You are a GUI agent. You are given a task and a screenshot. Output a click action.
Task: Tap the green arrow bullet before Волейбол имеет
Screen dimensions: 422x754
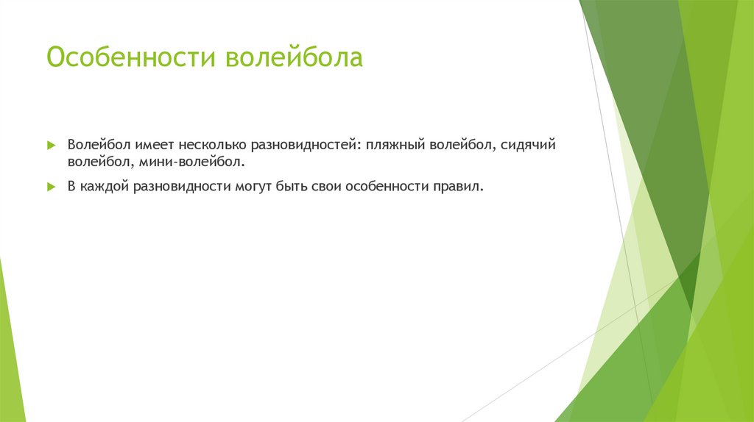(x=51, y=146)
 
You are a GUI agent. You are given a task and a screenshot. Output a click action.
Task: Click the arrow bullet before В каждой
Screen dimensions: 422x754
(x=51, y=187)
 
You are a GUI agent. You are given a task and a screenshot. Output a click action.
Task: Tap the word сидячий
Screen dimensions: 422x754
(x=528, y=146)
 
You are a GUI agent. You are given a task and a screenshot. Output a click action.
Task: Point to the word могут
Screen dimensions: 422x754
(x=252, y=187)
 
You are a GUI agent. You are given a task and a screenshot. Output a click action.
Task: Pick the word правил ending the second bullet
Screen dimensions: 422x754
(x=462, y=187)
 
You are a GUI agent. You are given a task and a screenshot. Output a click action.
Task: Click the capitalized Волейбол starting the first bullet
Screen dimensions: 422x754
(x=94, y=145)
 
